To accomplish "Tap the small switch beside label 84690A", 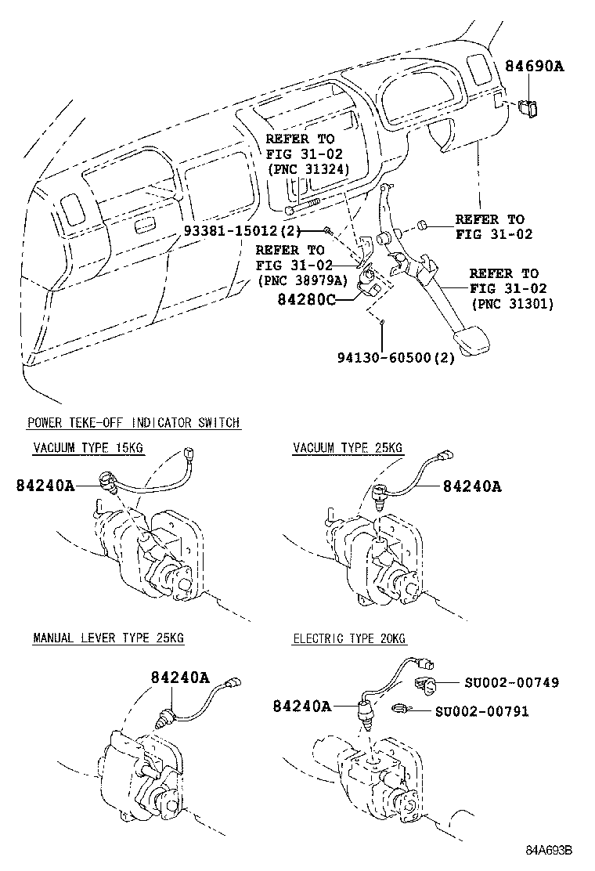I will (x=528, y=108).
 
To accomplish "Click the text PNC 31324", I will (x=308, y=168).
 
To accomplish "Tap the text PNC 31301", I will (x=511, y=303).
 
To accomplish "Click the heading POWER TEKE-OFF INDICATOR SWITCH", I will (x=134, y=423).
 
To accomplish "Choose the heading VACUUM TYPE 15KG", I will (x=88, y=448).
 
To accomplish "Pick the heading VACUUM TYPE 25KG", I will (x=348, y=448).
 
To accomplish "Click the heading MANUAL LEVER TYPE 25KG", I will (x=108, y=638).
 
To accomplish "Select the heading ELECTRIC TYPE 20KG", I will (x=350, y=638).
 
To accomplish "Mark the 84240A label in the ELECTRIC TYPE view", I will (x=301, y=707).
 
